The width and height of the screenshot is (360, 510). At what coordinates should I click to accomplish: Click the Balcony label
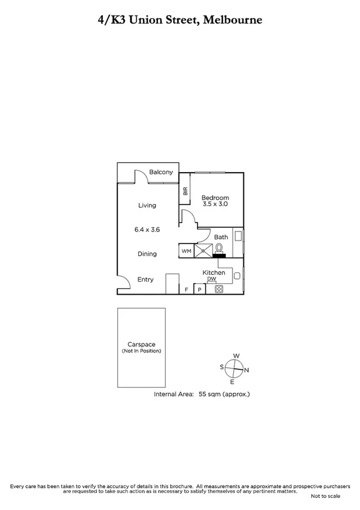(161, 172)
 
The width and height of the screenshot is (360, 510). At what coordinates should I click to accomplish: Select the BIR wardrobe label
(186, 192)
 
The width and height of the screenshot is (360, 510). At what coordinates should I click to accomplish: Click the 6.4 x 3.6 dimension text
(147, 229)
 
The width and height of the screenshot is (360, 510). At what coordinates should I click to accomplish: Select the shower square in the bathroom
(203, 251)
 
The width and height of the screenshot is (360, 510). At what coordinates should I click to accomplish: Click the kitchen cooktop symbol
(219, 289)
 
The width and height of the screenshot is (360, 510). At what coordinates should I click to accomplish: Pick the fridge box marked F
(187, 289)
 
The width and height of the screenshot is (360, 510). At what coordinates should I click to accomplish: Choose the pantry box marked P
(200, 289)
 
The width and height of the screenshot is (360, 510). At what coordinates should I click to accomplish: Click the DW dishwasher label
(212, 279)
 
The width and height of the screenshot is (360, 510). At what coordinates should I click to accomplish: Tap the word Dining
(147, 254)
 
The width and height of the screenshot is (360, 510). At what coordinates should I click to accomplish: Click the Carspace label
(141, 344)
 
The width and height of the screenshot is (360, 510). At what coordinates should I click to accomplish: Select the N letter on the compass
(246, 370)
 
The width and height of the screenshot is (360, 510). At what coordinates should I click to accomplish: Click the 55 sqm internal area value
(205, 395)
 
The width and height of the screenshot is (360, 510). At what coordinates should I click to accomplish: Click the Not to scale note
(325, 496)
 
